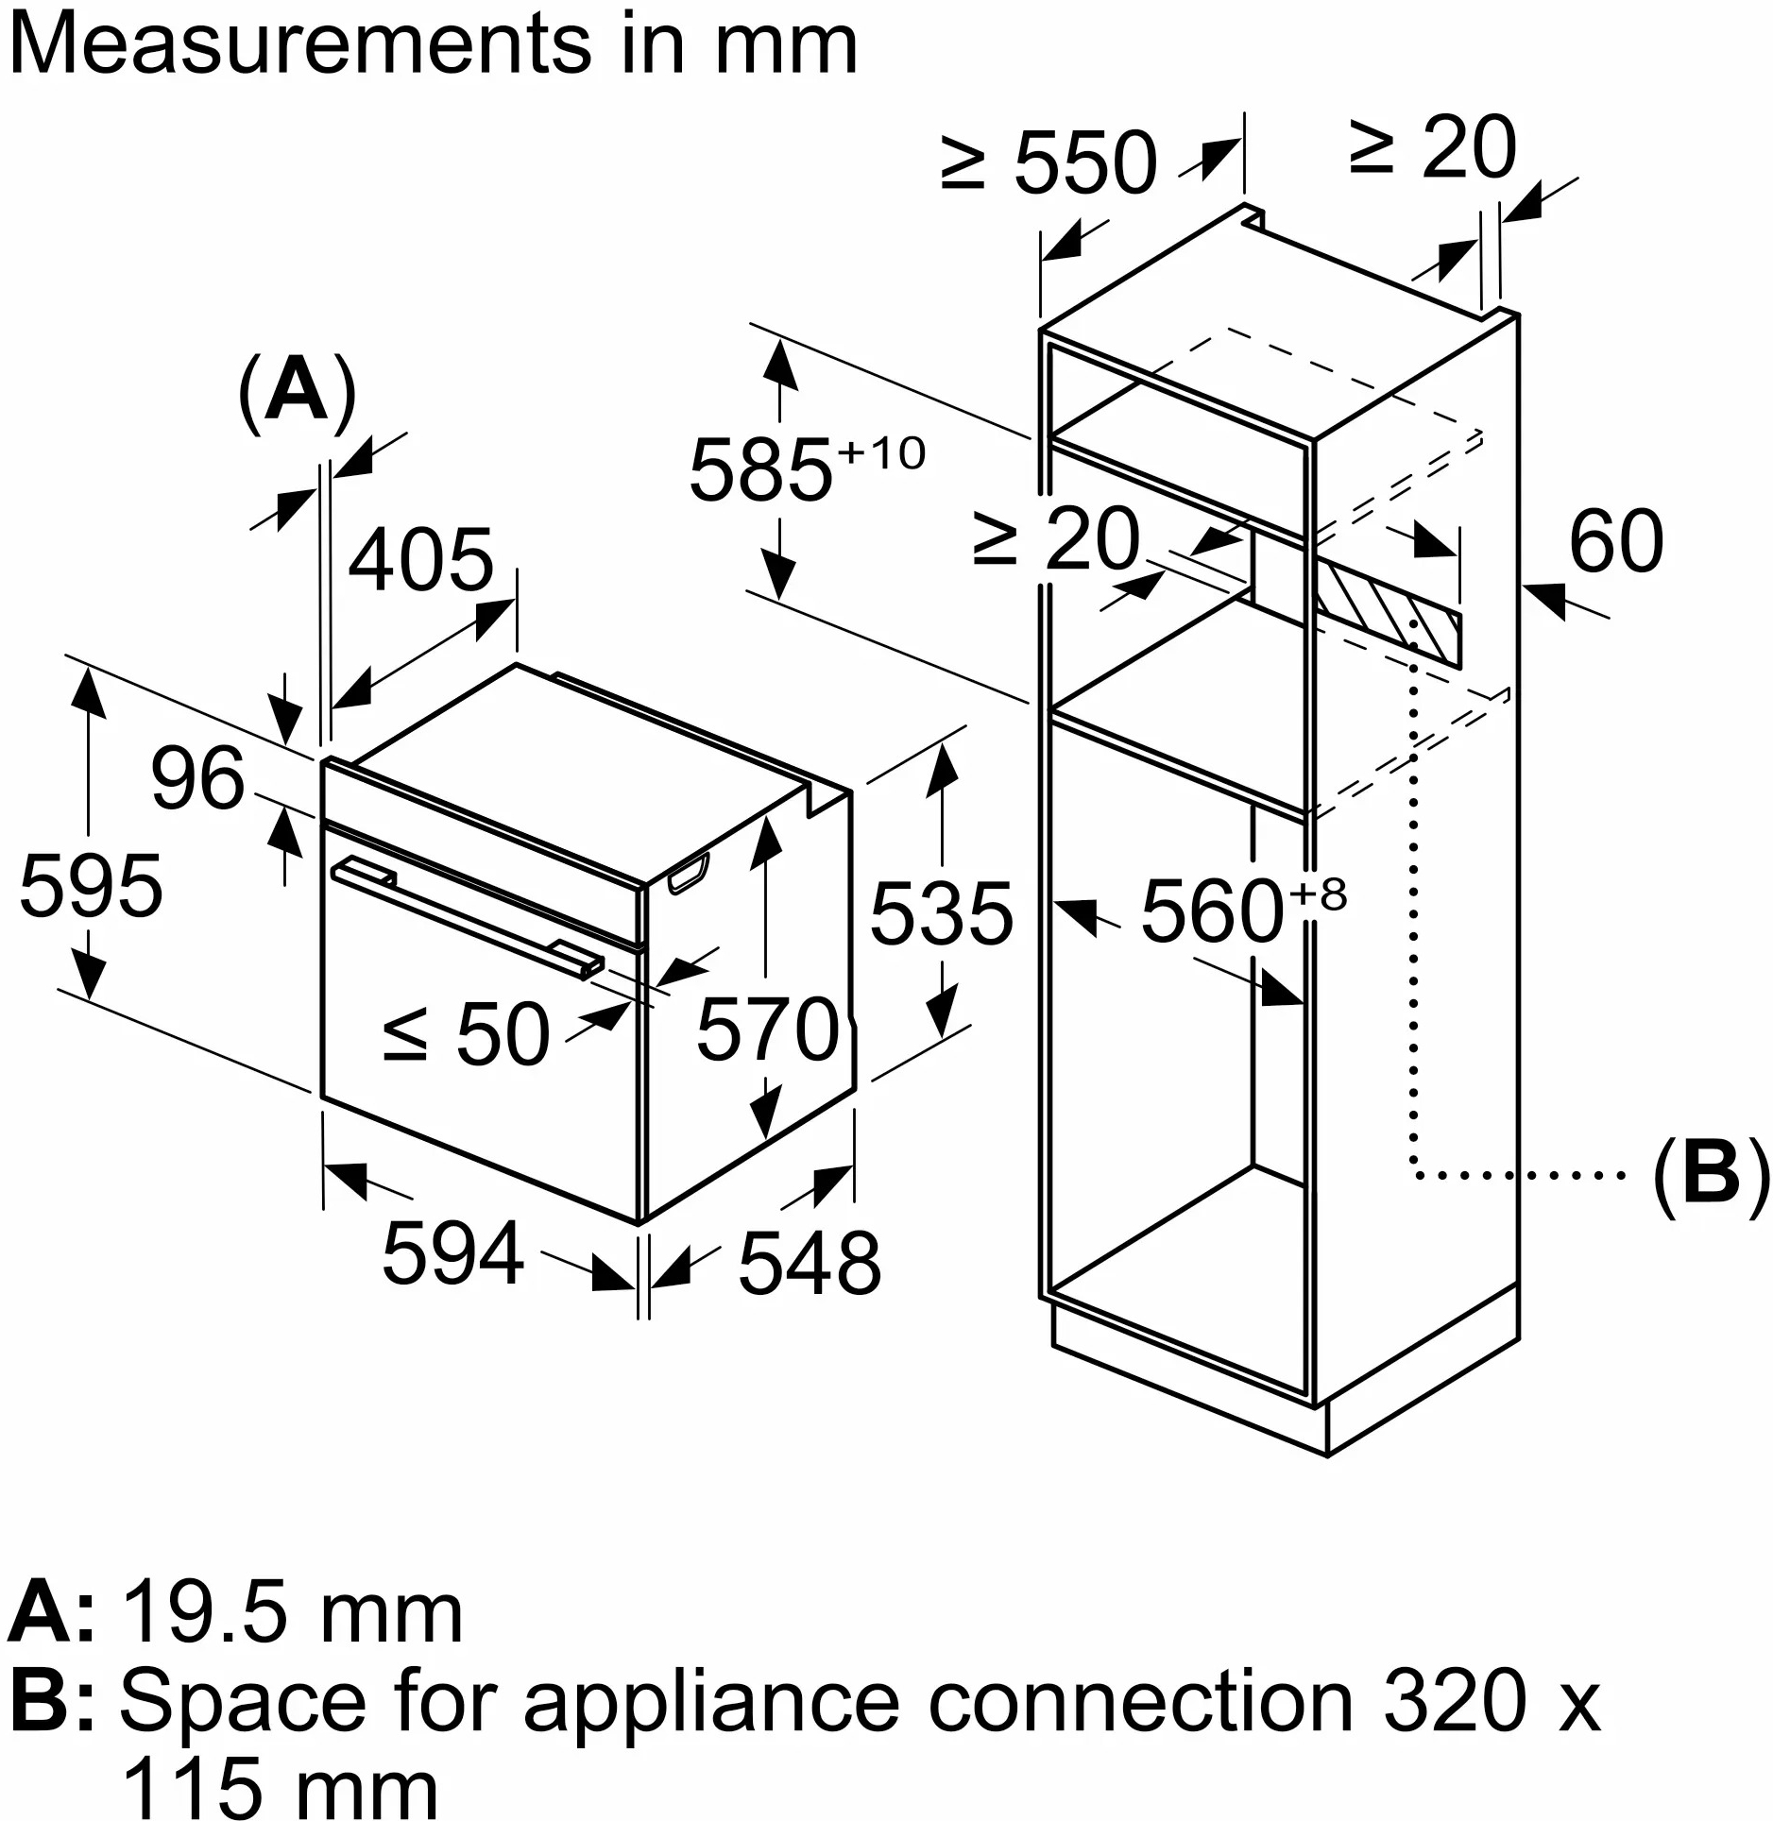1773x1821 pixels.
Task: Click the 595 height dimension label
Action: coord(91,886)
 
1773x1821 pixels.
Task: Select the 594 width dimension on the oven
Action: coord(452,1253)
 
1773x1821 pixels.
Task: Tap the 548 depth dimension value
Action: coord(809,1263)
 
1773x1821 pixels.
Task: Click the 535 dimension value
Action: coord(941,913)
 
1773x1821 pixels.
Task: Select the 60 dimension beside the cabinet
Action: coord(1615,541)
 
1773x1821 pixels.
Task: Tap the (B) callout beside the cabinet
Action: coord(1711,1174)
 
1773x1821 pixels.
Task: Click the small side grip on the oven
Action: coord(688,873)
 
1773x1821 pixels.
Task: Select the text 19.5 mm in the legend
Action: coord(293,1614)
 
